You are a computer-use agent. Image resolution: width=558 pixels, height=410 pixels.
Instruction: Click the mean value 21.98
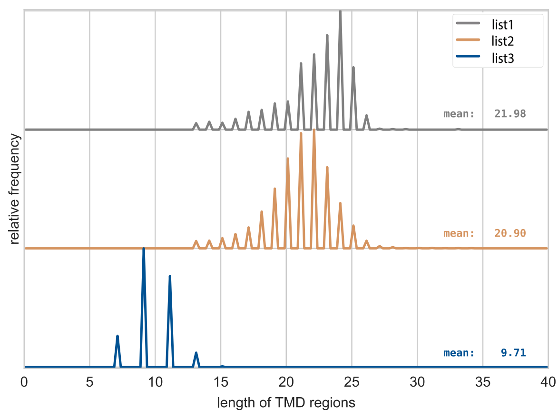pyautogui.click(x=510, y=114)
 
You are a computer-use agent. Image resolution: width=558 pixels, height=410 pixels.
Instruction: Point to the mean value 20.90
pyautogui.click(x=510, y=233)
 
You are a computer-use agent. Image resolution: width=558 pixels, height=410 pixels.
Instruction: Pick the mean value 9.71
pyautogui.click(x=513, y=353)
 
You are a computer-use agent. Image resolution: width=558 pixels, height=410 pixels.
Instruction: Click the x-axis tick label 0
pyautogui.click(x=24, y=382)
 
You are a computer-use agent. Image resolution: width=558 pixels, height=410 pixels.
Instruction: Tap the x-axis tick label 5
pyautogui.click(x=90, y=382)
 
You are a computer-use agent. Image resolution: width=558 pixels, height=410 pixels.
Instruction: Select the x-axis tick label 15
pyautogui.click(x=221, y=382)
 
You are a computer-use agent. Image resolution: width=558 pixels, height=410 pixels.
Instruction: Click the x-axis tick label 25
pyautogui.click(x=352, y=382)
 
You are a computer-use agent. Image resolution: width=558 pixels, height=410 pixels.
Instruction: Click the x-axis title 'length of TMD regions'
pyautogui.click(x=286, y=403)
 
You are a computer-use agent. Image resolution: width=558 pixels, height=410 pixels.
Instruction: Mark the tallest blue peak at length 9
pyautogui.click(x=144, y=250)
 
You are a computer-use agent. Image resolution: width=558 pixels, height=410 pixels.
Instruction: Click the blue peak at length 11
pyautogui.click(x=170, y=277)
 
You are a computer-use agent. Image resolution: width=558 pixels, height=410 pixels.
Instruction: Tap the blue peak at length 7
pyautogui.click(x=117, y=336)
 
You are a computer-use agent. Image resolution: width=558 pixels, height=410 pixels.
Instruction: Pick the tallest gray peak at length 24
pyautogui.click(x=340, y=11)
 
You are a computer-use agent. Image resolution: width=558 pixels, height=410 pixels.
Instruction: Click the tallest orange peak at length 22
pyautogui.click(x=314, y=130)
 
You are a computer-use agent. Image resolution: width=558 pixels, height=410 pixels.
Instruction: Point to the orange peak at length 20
pyautogui.click(x=288, y=159)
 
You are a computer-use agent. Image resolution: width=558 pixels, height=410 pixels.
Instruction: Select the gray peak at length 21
pyautogui.click(x=301, y=63)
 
